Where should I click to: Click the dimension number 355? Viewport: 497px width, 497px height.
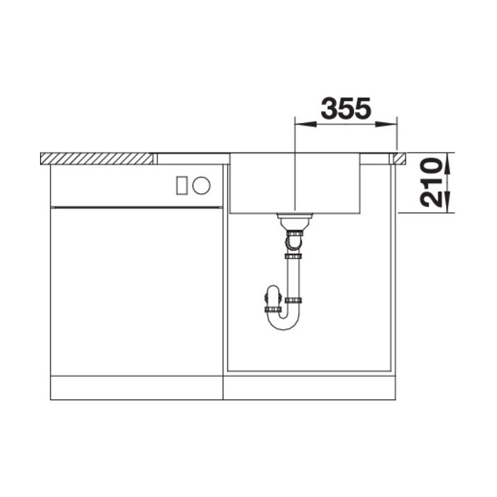pyautogui.click(x=346, y=108)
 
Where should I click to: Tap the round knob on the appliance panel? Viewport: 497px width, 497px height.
pyautogui.click(x=202, y=184)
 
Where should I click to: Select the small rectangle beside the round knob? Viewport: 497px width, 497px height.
pyautogui.click(x=183, y=184)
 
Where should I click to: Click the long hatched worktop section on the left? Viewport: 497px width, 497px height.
pyautogui.click(x=97, y=158)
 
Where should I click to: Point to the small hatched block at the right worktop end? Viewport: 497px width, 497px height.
pyautogui.click(x=398, y=158)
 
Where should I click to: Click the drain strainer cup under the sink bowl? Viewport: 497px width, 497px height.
pyautogui.click(x=294, y=221)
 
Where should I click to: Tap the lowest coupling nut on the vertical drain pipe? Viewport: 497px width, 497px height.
pyautogui.click(x=295, y=301)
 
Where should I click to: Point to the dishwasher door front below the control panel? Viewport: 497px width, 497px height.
pyautogui.click(x=137, y=290)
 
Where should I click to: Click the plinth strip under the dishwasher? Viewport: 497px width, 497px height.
pyautogui.click(x=137, y=388)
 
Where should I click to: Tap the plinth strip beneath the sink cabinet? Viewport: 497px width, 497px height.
pyautogui.click(x=309, y=388)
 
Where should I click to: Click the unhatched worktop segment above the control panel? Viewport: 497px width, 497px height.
pyautogui.click(x=191, y=158)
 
